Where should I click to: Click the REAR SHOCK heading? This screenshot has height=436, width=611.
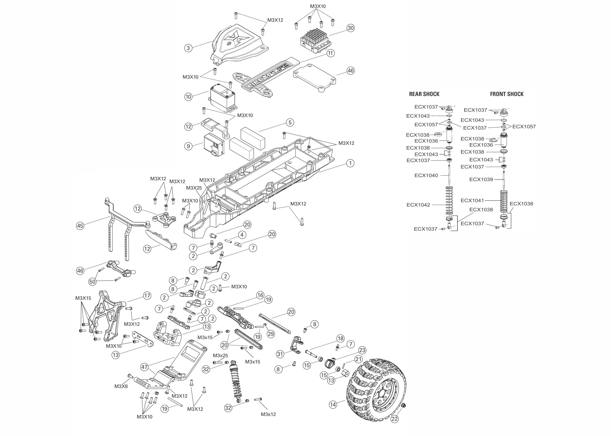(424, 94)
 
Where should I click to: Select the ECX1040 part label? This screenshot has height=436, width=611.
(426, 175)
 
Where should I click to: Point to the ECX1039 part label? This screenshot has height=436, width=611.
(481, 179)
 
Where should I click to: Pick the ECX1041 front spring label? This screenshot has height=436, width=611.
(472, 200)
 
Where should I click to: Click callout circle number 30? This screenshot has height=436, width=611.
(350, 28)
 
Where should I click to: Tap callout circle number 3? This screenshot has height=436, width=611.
(188, 48)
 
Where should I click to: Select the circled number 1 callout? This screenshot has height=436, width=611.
(350, 163)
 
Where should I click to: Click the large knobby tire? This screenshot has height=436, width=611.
(376, 389)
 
